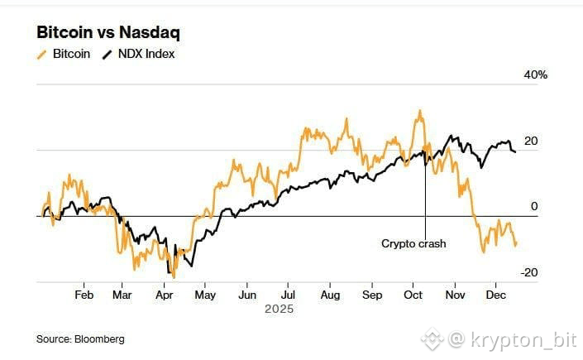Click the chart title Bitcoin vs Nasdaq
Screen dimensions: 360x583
point(108,33)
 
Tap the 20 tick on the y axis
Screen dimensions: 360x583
point(531,141)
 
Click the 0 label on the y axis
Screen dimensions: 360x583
point(534,207)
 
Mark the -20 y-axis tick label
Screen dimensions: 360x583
point(529,273)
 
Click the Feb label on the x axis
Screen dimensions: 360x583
point(84,295)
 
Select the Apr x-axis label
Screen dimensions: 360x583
point(164,295)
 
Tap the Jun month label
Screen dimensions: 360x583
point(246,295)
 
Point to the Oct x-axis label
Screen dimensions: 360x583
point(413,295)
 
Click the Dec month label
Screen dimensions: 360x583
point(495,295)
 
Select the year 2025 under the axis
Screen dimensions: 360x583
point(278,310)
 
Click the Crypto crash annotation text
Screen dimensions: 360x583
point(413,243)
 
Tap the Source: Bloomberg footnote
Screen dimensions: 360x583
point(81,338)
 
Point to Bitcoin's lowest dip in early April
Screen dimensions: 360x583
point(173,276)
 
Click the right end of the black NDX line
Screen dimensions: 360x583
point(516,151)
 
